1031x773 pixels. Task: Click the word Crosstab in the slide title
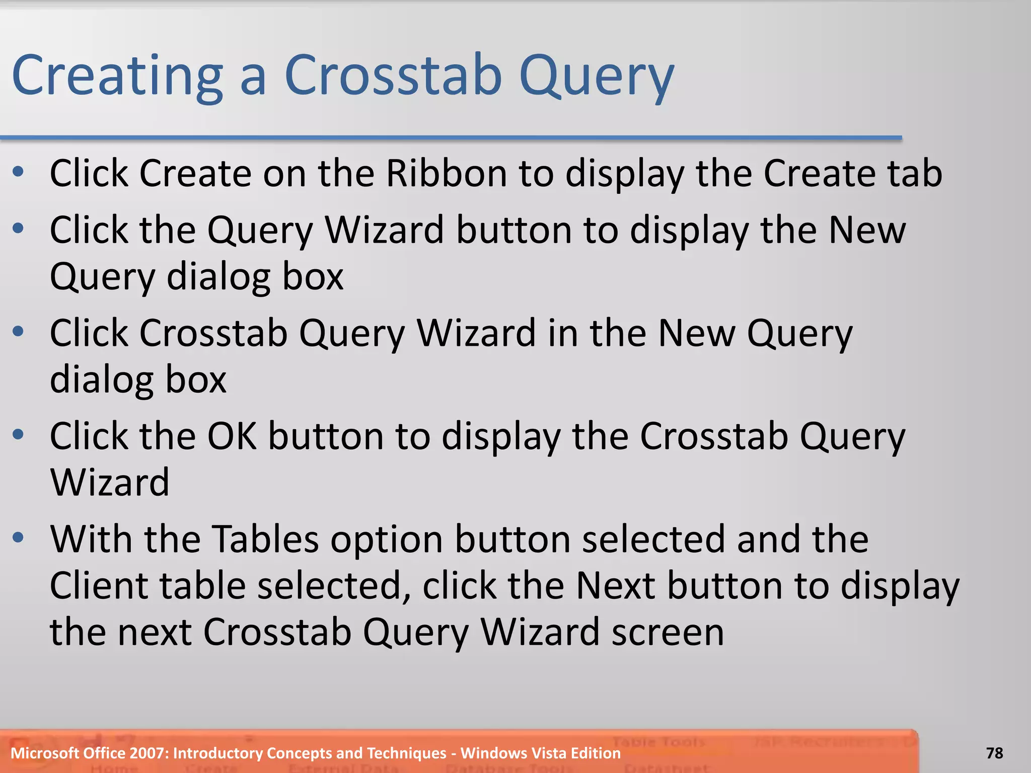[x=393, y=75]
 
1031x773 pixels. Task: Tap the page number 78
[x=995, y=753]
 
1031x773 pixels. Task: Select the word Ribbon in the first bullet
[x=447, y=174]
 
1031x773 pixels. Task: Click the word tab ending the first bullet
[x=915, y=174]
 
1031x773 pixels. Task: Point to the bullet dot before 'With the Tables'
[x=18, y=537]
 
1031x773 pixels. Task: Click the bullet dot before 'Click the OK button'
[x=18, y=434]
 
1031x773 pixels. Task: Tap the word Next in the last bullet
[x=615, y=586]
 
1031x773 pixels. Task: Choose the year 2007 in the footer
[x=149, y=753]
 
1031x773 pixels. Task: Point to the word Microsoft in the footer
[x=45, y=753]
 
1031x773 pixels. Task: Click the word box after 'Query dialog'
[x=313, y=277]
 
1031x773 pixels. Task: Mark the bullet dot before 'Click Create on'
[x=18, y=173]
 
